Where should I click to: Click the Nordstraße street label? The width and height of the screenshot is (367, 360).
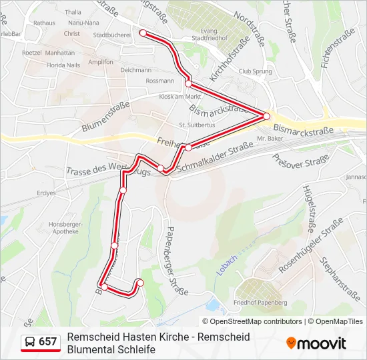click(x=251, y=33)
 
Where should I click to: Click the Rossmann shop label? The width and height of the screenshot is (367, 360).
click(x=159, y=81)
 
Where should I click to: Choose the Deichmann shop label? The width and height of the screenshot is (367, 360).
click(x=136, y=70)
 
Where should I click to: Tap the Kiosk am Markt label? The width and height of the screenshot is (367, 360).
click(x=161, y=97)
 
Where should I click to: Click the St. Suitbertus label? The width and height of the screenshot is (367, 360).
click(x=195, y=125)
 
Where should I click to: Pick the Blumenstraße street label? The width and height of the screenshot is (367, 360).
click(x=104, y=118)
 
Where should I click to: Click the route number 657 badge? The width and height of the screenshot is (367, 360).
click(x=48, y=342)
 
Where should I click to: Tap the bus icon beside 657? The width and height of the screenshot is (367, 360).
click(x=31, y=342)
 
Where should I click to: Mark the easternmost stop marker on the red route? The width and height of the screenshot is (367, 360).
click(x=266, y=116)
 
